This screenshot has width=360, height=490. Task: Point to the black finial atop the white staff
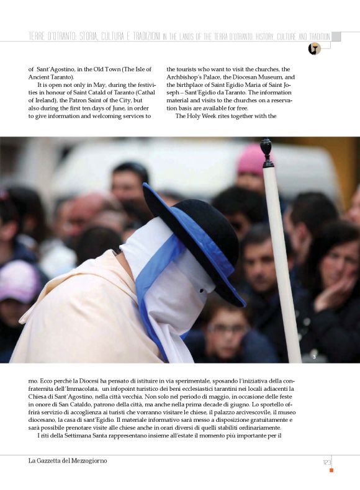(266, 152)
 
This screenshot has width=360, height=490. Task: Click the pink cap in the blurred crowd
(252, 159)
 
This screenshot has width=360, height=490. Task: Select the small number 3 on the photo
(314, 356)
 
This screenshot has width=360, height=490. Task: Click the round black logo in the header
(314, 49)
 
